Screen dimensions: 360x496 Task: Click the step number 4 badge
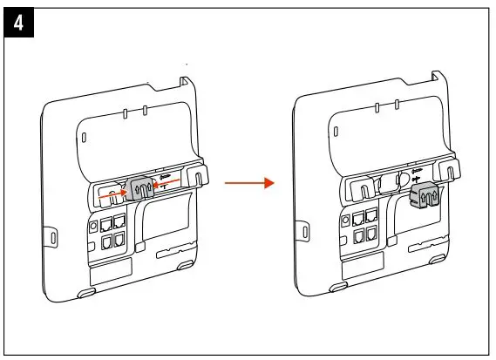click(20, 24)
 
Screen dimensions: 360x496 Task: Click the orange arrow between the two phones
click(248, 184)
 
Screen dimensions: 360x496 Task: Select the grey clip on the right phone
click(423, 198)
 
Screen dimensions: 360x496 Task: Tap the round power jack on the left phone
click(94, 223)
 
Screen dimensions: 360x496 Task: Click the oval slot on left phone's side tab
click(52, 236)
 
